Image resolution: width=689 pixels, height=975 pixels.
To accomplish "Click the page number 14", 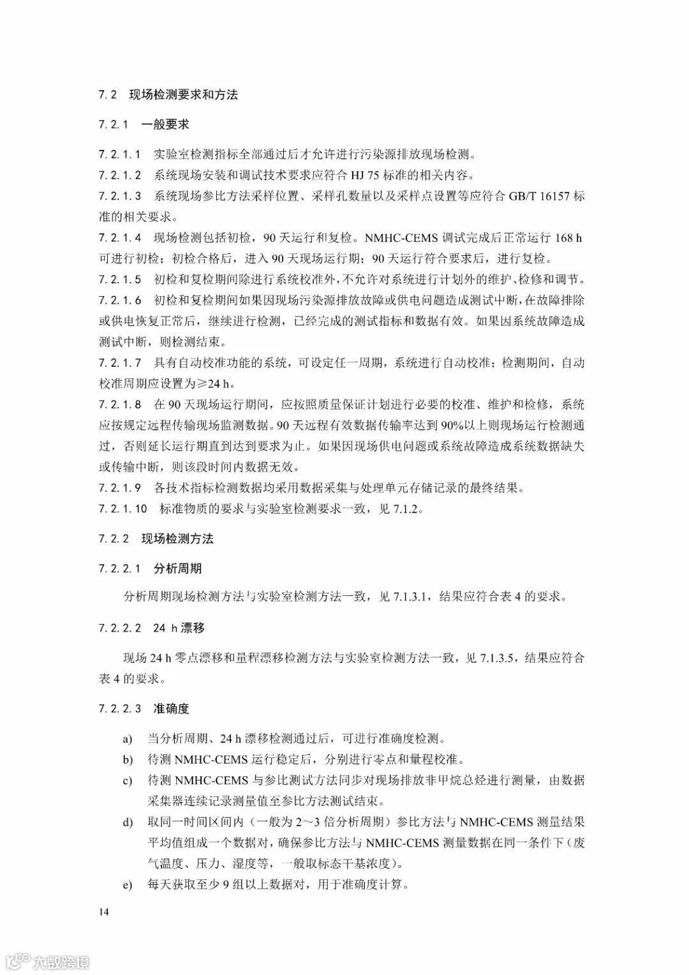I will (104, 912).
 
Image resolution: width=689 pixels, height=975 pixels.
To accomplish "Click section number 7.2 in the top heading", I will (108, 94).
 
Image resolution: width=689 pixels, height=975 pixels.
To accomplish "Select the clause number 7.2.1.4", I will (120, 238).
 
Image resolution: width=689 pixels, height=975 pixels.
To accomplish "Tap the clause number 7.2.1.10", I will (123, 509).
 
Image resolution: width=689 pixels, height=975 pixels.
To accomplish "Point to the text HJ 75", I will (380, 175).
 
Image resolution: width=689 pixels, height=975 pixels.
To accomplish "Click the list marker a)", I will (128, 739).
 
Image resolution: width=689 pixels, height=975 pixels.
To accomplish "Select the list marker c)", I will (128, 780).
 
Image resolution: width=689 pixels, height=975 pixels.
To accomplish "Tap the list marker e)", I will (128, 884).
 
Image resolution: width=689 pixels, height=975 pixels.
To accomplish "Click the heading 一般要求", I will (165, 124).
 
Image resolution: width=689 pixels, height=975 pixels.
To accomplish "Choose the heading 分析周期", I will (177, 568).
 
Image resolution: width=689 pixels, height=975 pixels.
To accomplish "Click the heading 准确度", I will (171, 709).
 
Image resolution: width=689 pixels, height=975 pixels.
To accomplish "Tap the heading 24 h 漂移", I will (179, 628).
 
